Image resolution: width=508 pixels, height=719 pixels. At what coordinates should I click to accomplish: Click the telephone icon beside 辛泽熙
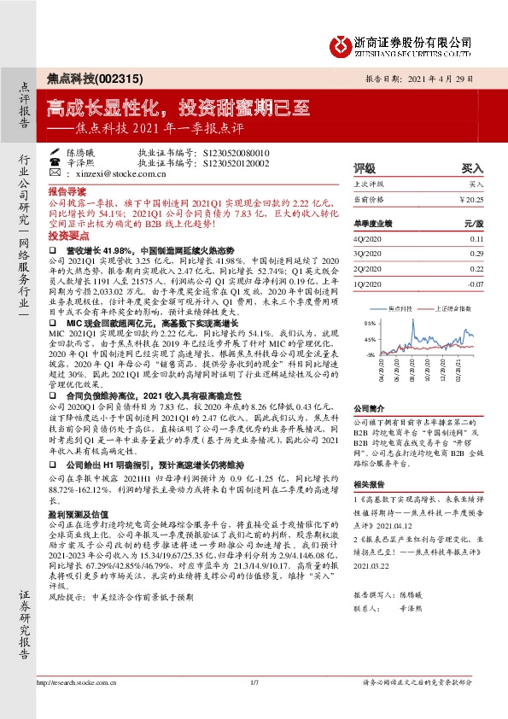click(x=55, y=161)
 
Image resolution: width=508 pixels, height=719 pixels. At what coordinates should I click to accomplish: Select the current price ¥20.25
click(x=470, y=199)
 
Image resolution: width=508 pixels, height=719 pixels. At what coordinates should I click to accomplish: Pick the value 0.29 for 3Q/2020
click(x=476, y=254)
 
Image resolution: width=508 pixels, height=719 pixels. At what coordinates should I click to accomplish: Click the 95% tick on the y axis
click(x=370, y=324)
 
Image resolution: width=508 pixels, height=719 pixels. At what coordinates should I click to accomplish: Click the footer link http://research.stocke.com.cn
click(x=79, y=705)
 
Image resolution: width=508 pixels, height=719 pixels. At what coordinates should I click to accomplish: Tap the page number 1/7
click(x=254, y=705)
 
